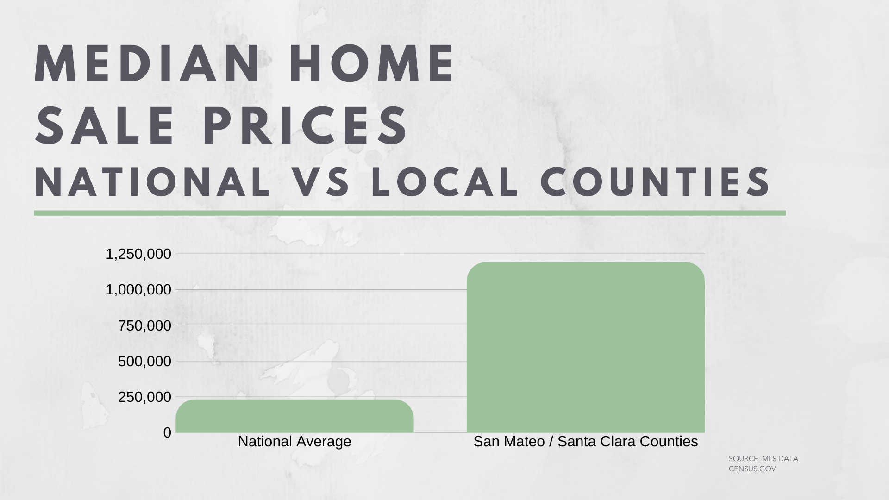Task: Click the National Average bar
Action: (294, 416)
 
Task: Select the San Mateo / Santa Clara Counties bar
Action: (586, 347)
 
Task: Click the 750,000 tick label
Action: (144, 325)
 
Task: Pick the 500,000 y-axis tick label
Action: (144, 361)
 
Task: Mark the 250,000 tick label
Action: (144, 397)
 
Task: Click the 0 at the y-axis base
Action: (167, 432)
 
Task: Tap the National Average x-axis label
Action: (294, 442)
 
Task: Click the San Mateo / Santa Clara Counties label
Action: (586, 442)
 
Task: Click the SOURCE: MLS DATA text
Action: (764, 459)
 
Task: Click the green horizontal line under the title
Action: (410, 213)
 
